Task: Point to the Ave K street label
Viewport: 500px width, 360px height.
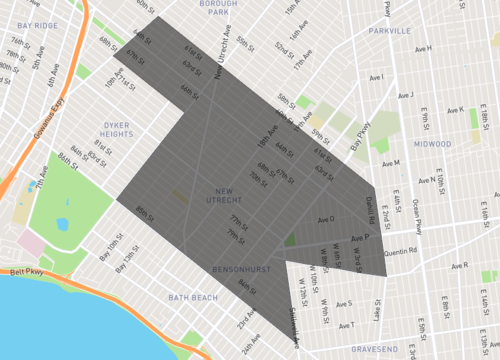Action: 456,110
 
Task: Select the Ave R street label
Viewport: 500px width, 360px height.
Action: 459,266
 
